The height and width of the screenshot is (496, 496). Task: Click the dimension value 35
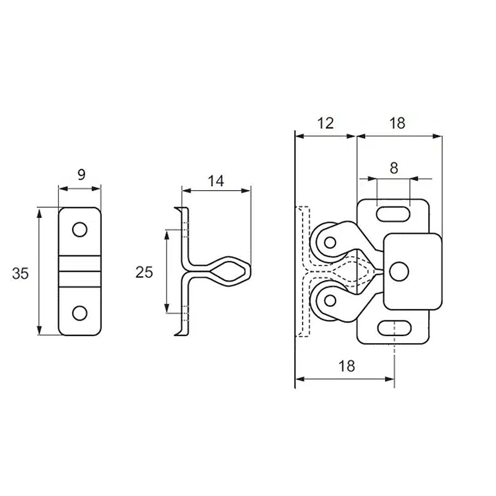(20, 273)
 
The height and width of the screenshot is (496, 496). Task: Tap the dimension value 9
(82, 174)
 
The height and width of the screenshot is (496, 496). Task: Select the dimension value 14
(215, 181)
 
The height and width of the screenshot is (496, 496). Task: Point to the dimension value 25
(144, 272)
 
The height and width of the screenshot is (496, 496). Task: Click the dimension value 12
(325, 123)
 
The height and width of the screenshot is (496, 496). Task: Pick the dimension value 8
(394, 168)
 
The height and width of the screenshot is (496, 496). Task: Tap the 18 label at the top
(397, 123)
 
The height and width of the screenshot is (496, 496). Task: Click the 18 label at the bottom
(347, 366)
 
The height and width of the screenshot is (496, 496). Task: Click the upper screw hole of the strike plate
(80, 229)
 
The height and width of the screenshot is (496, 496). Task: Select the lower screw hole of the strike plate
(80, 313)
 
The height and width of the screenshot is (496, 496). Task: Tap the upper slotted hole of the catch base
(393, 214)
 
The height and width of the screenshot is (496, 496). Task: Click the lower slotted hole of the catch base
(394, 328)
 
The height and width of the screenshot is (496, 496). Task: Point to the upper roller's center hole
(330, 242)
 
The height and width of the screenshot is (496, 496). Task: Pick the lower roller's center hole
(330, 300)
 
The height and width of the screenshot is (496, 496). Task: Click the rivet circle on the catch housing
(399, 271)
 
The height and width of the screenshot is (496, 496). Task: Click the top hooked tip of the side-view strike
(175, 208)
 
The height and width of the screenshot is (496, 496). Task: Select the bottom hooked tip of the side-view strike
(175, 335)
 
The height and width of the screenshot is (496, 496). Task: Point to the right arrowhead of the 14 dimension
(246, 191)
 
